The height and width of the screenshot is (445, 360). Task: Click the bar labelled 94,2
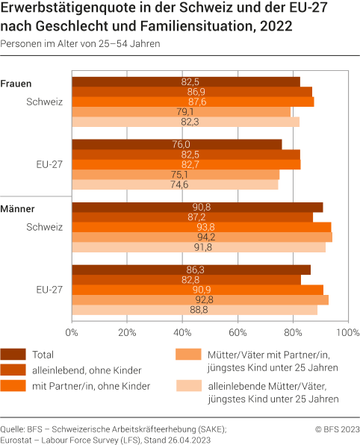(x=202, y=237)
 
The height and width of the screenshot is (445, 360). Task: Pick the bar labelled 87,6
(x=193, y=102)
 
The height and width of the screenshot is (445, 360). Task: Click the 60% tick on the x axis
(x=238, y=331)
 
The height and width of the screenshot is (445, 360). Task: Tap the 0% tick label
(x=72, y=331)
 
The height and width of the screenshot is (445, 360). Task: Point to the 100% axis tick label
(x=345, y=331)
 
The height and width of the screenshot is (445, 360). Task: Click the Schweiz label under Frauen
(x=44, y=101)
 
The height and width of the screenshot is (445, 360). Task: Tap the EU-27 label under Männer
(x=49, y=289)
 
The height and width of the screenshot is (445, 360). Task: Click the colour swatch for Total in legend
(x=13, y=355)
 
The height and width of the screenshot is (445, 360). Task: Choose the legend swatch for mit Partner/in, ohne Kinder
(x=13, y=385)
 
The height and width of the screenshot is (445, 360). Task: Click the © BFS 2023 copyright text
(x=337, y=429)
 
